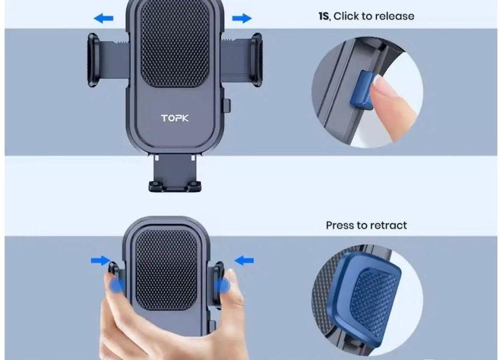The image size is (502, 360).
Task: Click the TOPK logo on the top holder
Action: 175,118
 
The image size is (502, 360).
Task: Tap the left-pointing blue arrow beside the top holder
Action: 103,18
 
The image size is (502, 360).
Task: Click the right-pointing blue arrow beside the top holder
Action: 242,18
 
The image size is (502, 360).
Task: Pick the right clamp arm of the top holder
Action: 242,60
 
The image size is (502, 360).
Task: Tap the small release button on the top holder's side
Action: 226,105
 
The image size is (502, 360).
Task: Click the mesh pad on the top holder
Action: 175,44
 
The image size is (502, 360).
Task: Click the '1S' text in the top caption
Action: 324,16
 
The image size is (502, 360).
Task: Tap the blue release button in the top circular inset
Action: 363,91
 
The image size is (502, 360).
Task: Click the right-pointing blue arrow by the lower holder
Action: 100,260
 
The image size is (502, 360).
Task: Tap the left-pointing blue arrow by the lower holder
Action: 244,260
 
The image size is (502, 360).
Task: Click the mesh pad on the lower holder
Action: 166,269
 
